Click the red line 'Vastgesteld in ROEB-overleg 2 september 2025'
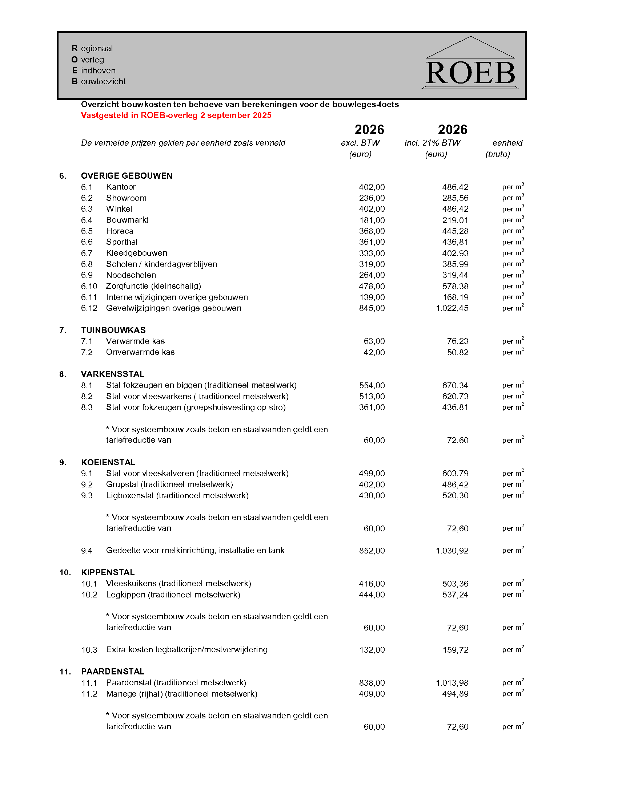coord(176,115)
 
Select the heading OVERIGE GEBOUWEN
coord(127,176)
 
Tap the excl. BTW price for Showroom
coord(372,198)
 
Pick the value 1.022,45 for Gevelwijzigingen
coord(452,308)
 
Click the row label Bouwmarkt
coord(127,220)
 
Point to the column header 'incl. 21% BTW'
coord(432,143)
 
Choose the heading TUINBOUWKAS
coord(113,330)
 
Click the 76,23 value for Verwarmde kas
coord(457,341)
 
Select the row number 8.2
coord(87,397)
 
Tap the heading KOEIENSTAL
coord(108,462)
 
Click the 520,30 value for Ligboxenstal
coord(455,496)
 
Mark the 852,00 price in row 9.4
coord(372,551)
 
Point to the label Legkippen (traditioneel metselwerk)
coord(173,595)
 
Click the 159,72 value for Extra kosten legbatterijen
coord(455,650)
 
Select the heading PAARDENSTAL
coord(113,672)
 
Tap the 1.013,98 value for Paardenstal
coord(452,683)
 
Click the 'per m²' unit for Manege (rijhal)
coord(513,694)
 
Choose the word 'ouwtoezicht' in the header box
coord(103,82)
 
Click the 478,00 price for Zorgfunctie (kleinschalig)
coord(372,287)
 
